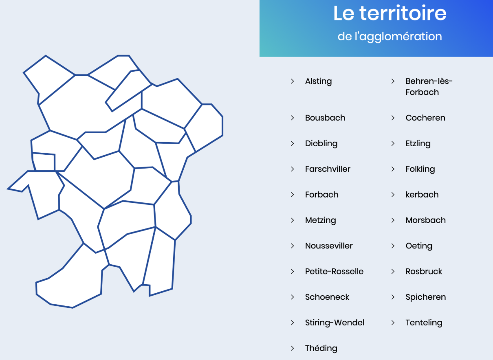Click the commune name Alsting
(318, 81)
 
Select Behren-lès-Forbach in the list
(429, 87)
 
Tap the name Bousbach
(325, 118)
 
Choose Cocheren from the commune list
(425, 118)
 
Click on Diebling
(321, 144)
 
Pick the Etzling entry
(418, 144)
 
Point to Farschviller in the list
(328, 169)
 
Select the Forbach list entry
(321, 195)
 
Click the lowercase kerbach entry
(422, 195)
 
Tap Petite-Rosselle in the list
(334, 271)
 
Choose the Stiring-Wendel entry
(335, 323)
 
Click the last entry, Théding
(321, 348)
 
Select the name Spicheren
(426, 297)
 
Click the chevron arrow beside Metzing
(292, 220)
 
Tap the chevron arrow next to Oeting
(393, 246)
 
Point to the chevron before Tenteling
(393, 323)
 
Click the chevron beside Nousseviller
(292, 246)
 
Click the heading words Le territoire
(390, 13)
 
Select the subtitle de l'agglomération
(390, 37)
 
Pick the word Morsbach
(426, 220)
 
